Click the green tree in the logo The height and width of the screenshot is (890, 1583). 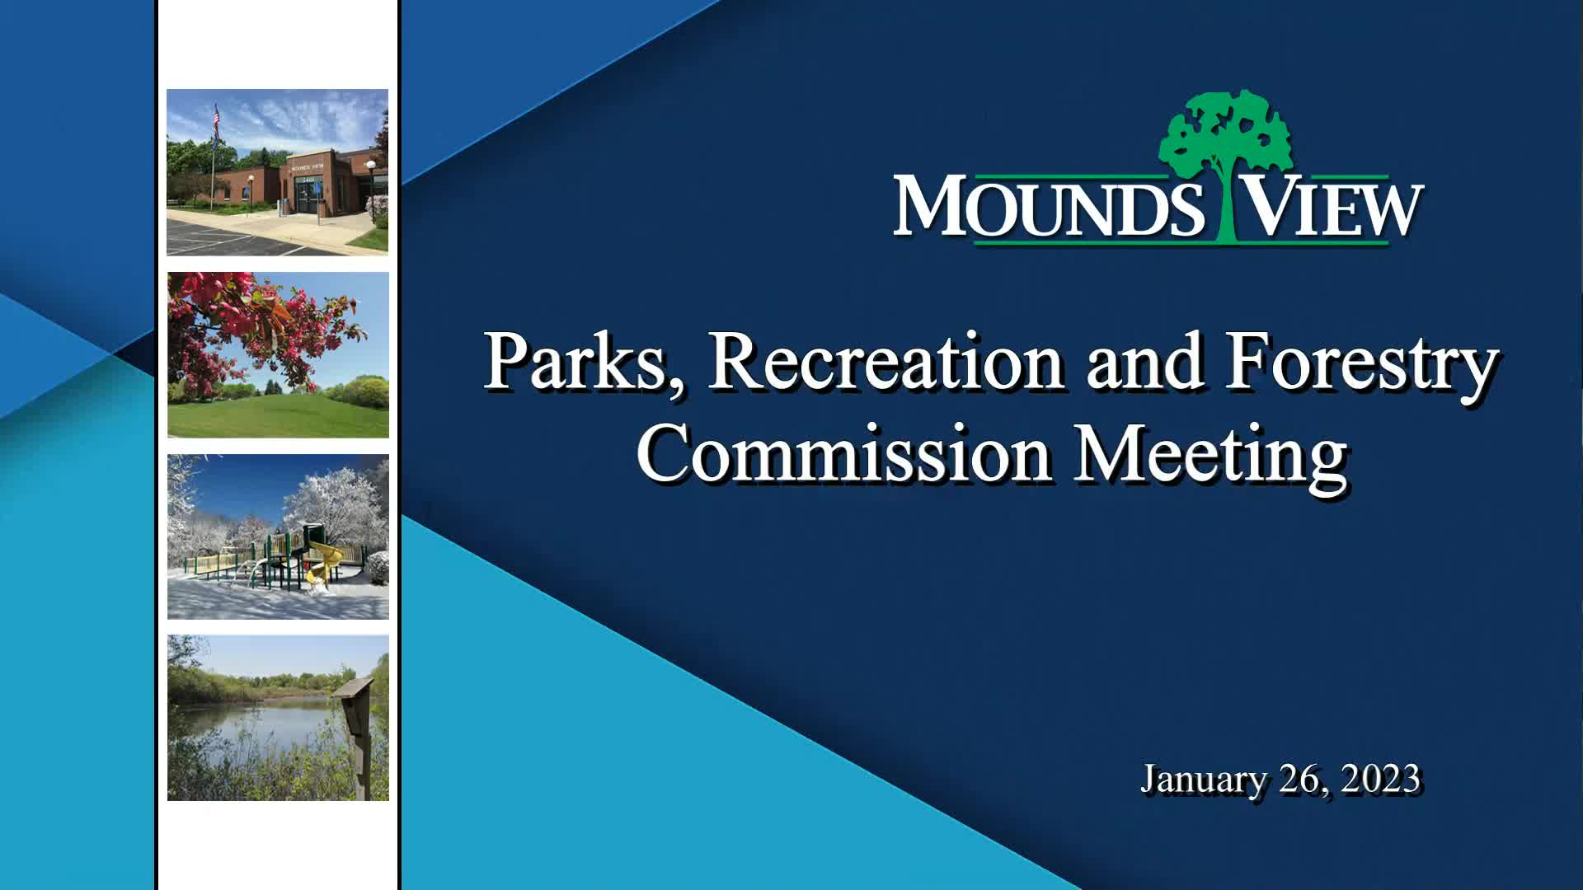point(1224,136)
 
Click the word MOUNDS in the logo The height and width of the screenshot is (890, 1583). point(1049,206)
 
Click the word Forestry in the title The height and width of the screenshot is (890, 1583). point(1360,363)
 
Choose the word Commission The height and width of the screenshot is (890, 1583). point(843,455)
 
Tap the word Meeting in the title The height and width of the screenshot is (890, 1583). point(1210,455)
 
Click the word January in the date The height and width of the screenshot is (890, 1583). point(1203,779)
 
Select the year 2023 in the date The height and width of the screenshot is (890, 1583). point(1380,779)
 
